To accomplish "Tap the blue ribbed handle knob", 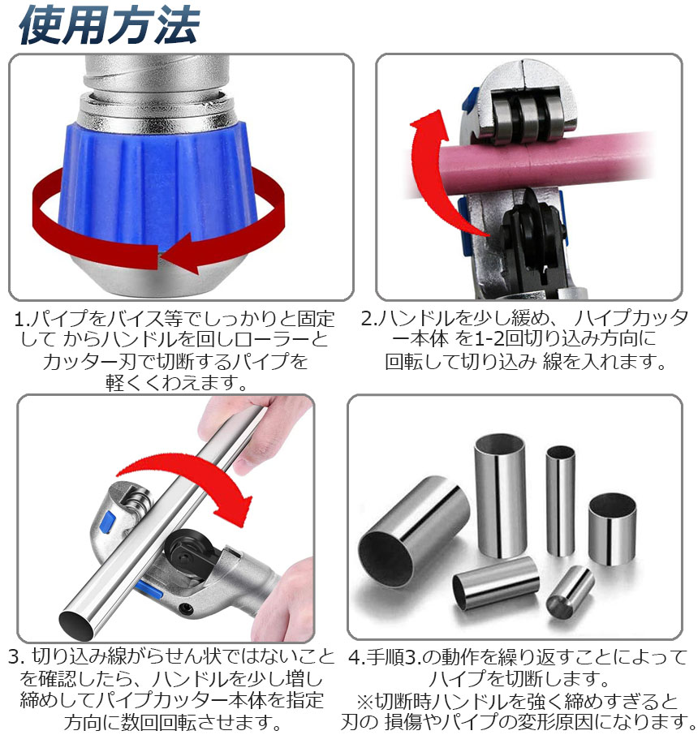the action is (157, 187).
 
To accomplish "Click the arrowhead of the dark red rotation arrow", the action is (181, 253).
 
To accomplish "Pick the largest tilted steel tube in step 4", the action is (414, 531).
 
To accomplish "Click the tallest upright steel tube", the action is (500, 496).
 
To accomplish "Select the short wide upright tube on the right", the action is (612, 529).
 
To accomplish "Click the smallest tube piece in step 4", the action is (570, 592).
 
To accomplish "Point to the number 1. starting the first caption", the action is (22, 320).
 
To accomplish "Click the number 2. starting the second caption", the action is (369, 319).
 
